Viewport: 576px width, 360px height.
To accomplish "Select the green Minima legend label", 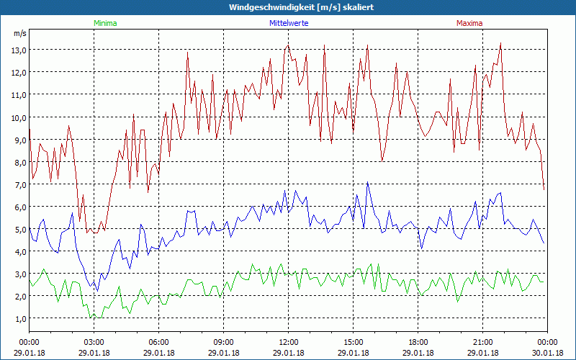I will pos(104,23).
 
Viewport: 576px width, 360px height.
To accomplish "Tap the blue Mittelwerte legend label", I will pos(288,23).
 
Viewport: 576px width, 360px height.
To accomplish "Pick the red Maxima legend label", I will pos(469,23).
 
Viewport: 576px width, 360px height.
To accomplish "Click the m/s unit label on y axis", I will pos(19,33).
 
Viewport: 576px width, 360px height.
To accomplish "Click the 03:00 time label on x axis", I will pos(94,342).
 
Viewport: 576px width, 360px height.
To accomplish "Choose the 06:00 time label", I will pos(158,342).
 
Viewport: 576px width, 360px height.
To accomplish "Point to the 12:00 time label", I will pos(288,342).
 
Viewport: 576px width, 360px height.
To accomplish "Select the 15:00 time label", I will pos(353,342).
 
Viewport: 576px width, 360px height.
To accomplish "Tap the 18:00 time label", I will pos(418,342).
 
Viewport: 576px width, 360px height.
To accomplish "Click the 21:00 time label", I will pos(482,342).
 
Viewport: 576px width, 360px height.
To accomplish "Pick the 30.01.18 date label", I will pos(547,353).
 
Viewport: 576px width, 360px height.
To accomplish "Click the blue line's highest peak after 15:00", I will pos(368,181).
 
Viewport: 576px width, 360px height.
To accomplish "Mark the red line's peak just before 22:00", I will pos(500,43).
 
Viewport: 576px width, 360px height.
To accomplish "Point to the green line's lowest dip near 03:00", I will pos(91,318).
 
